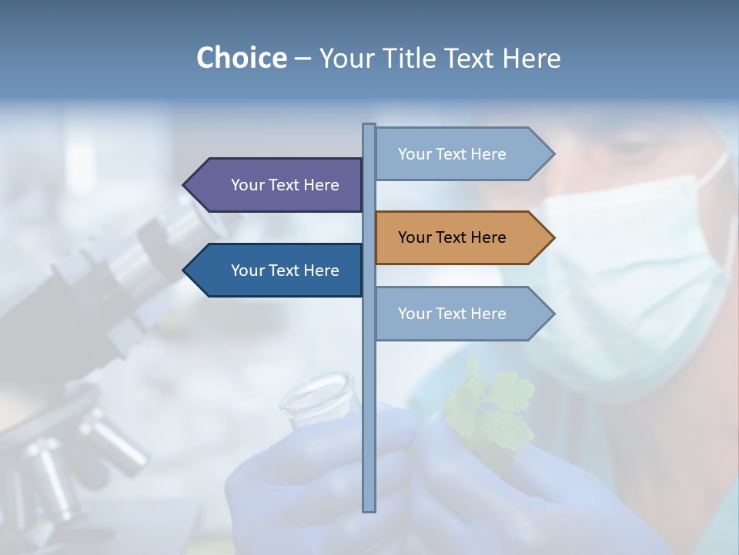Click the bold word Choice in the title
(241, 58)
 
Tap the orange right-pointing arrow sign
(462, 237)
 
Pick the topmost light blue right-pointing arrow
(462, 154)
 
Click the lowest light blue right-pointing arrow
(462, 314)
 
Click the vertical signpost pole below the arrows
(369, 424)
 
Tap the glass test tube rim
(317, 385)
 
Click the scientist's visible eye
(627, 149)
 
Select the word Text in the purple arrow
(286, 185)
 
